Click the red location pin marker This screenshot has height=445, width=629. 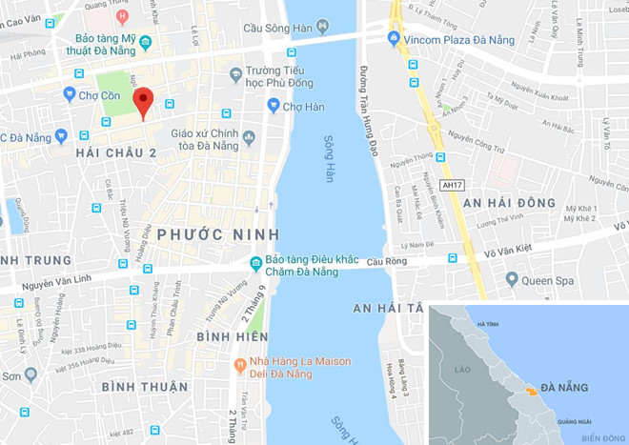(143, 101)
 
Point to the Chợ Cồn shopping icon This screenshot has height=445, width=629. (69, 93)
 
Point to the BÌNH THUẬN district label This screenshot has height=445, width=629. (144, 386)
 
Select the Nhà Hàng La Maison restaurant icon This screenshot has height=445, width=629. (241, 362)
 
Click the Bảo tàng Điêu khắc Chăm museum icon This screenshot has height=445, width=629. (255, 263)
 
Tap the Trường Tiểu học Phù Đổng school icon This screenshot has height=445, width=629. (235, 74)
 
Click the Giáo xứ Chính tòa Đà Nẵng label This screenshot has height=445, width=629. (209, 140)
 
